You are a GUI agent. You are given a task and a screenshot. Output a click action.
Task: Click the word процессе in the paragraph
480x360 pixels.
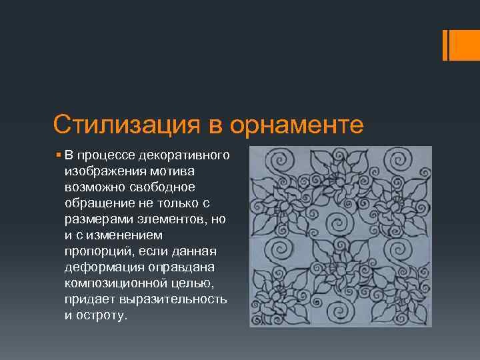105,155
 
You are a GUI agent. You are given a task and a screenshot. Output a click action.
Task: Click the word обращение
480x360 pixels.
96,202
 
